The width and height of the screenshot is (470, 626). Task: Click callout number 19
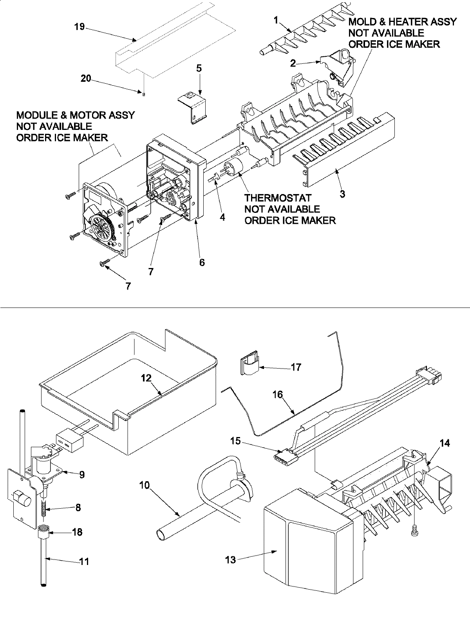[x=79, y=27]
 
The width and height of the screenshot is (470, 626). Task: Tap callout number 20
[x=86, y=79]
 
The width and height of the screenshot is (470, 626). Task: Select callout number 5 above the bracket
[x=199, y=68]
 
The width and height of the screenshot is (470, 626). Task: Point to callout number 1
[x=276, y=20]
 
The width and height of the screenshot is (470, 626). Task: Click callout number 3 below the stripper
[x=342, y=194]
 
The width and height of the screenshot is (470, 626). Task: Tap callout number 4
[x=222, y=217]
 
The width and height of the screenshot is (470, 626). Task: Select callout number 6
[x=202, y=262]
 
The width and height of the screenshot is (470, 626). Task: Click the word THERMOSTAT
[x=278, y=198]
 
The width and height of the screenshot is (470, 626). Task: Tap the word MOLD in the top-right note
[x=362, y=22]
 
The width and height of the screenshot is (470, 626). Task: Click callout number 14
[x=445, y=443]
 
